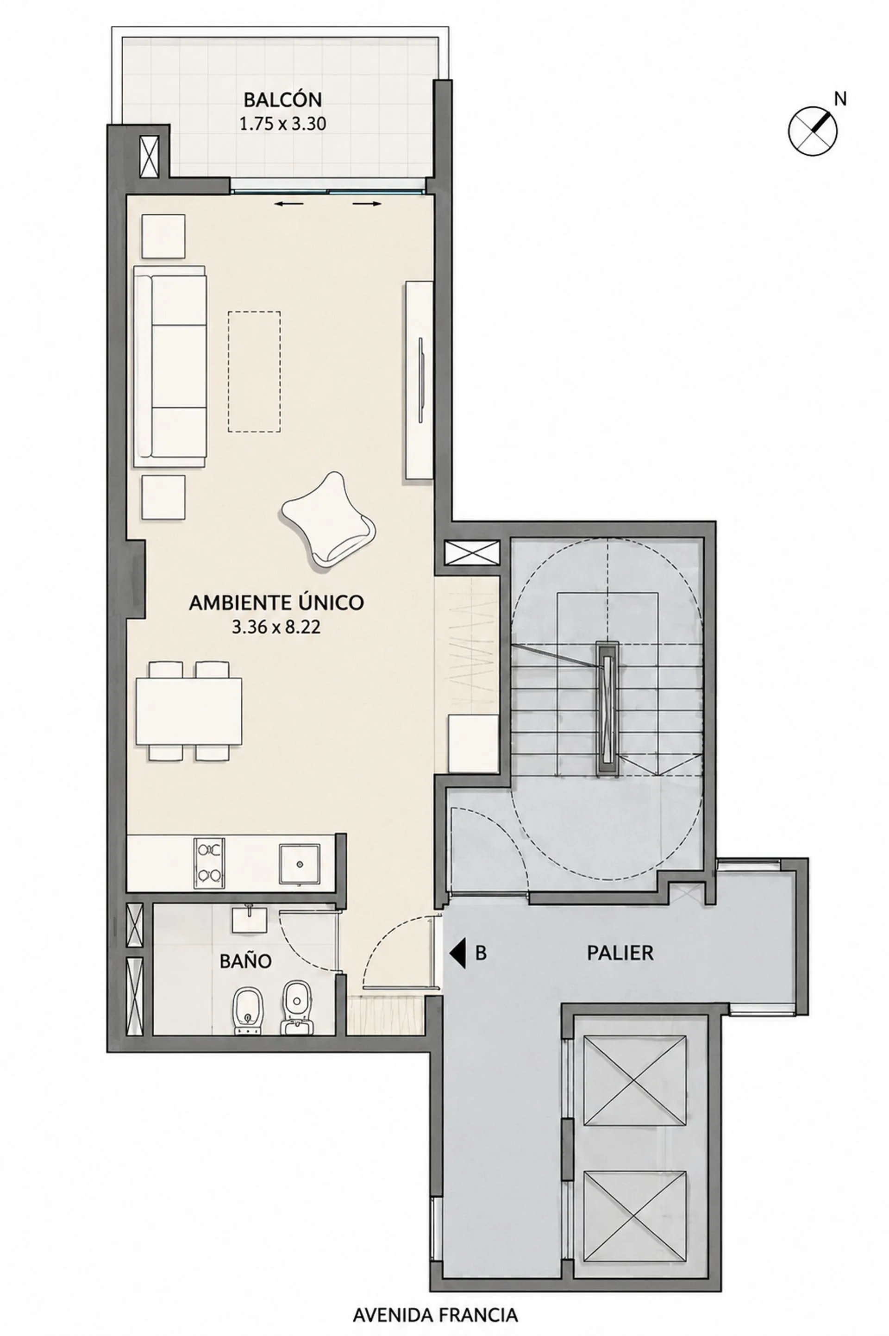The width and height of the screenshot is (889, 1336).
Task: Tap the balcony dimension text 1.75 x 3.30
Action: (x=282, y=124)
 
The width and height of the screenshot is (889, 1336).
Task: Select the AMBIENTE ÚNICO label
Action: (x=276, y=602)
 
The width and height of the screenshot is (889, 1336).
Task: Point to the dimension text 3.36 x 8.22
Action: (x=276, y=627)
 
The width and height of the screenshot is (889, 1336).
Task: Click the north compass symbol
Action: (x=813, y=131)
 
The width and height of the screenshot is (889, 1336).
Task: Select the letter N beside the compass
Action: (x=840, y=99)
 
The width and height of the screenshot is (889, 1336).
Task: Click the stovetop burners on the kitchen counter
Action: (x=209, y=863)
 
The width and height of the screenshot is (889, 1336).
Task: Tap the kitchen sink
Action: (x=300, y=863)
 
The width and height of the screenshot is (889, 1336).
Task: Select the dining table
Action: (x=189, y=711)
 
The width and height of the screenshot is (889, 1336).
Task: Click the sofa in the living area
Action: (x=170, y=366)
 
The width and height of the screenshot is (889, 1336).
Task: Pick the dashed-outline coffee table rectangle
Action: (x=254, y=371)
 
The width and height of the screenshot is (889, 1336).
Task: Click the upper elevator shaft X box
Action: (x=635, y=1080)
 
